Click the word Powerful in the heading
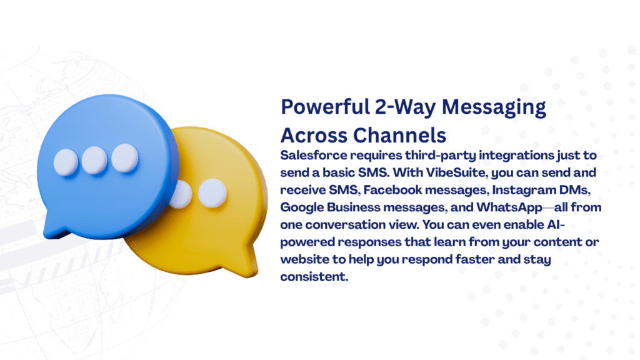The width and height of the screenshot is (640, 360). tap(325, 107)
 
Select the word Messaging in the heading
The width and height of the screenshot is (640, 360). tap(494, 108)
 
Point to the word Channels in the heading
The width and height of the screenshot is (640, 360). tap(399, 136)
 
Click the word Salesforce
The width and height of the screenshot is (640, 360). tap(314, 155)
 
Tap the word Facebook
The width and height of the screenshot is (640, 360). tap(392, 190)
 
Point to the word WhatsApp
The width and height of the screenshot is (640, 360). tap(509, 207)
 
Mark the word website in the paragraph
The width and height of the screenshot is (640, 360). tap(304, 259)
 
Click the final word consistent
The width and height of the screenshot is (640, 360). tap(314, 277)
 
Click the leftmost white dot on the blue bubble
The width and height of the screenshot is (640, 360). tap(66, 162)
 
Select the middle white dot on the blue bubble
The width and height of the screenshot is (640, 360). tap(94, 160)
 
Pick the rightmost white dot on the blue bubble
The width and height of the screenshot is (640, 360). tap(125, 157)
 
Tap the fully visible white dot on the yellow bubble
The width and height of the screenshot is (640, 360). tap(212, 192)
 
